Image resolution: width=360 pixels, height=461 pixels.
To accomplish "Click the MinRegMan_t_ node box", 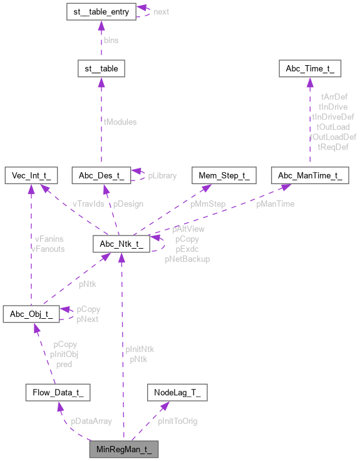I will pyautogui.click(x=123, y=449).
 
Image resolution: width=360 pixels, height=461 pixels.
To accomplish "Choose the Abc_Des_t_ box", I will pyautogui.click(x=101, y=175).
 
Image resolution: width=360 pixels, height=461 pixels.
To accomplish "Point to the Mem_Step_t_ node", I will pyautogui.click(x=224, y=175).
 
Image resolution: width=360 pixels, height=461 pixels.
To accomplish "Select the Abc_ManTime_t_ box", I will pyautogui.click(x=310, y=175).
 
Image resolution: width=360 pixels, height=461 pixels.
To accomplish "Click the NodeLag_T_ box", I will pyautogui.click(x=177, y=393).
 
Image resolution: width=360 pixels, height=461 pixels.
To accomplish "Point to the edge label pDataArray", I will pyautogui.click(x=91, y=422).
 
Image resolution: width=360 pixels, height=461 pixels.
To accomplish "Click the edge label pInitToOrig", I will pyautogui.click(x=178, y=422).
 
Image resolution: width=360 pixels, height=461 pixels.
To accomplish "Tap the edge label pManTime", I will pyautogui.click(x=276, y=204).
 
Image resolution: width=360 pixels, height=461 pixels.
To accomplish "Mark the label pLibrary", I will pyautogui.click(x=162, y=176).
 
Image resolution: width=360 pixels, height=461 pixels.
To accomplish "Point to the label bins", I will pyautogui.click(x=111, y=39).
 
